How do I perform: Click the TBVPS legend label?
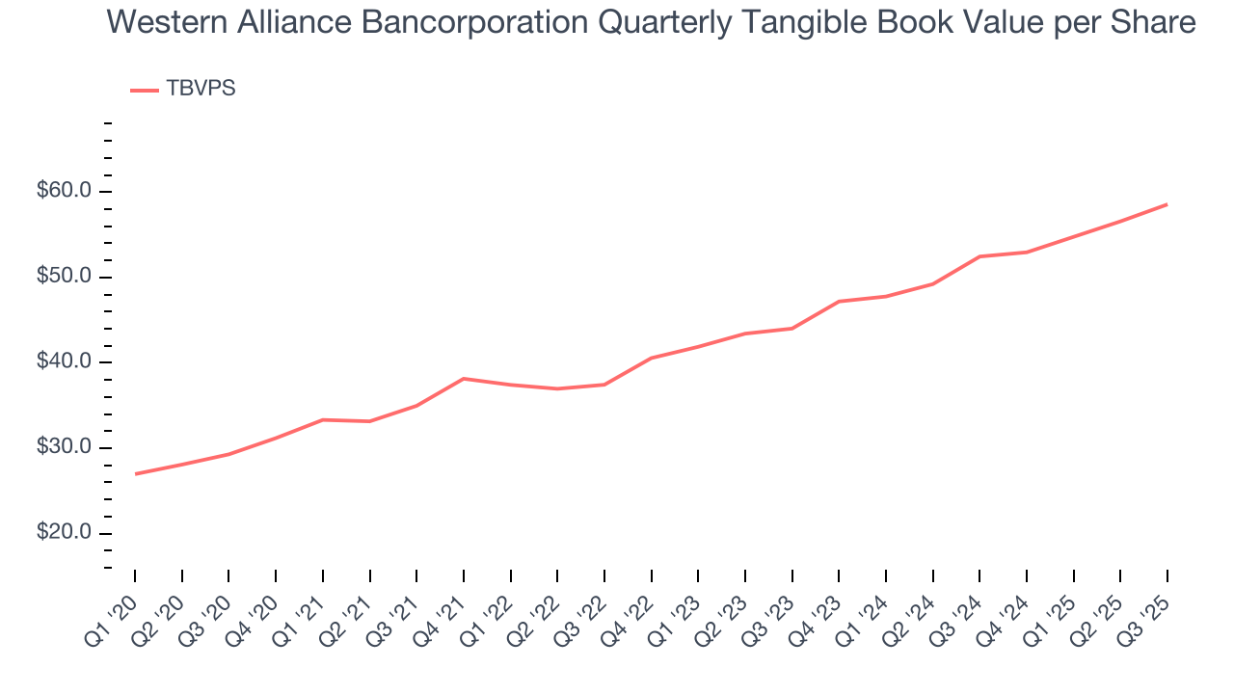click(201, 89)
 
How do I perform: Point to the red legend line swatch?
click(145, 90)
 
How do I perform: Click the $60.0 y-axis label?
click(65, 191)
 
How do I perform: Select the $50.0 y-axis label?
click(65, 277)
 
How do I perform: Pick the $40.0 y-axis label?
click(65, 362)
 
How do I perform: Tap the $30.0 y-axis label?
click(65, 448)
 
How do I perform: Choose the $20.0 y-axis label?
click(65, 534)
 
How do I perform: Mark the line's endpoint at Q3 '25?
click(1167, 204)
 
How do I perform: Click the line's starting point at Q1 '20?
click(135, 474)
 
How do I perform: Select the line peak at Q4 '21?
click(464, 379)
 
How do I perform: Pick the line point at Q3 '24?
click(979, 256)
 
